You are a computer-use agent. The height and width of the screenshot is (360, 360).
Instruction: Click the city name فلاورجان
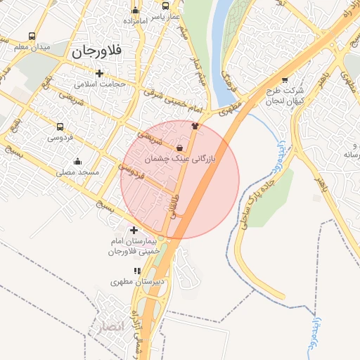point(97,51)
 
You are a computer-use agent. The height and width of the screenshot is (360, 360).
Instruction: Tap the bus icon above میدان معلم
point(32,36)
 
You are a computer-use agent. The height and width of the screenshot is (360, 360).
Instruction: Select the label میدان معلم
point(32,46)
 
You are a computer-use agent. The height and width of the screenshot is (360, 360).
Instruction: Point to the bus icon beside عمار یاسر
point(165,7)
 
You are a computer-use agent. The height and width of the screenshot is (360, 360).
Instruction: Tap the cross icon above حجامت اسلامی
point(99,73)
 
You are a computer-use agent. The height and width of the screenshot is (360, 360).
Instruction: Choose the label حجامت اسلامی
point(99,84)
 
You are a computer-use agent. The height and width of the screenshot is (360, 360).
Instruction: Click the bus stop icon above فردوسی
point(60,127)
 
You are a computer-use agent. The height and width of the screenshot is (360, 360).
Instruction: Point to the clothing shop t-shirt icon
point(195,127)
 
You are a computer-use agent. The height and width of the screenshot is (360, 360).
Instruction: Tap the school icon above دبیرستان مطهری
point(138,271)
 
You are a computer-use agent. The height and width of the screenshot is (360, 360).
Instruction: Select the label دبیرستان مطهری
point(138,281)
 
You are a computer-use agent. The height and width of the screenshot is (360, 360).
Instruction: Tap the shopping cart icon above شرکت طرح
point(284,80)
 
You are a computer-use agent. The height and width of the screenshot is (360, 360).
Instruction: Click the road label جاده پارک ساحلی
point(255,200)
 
